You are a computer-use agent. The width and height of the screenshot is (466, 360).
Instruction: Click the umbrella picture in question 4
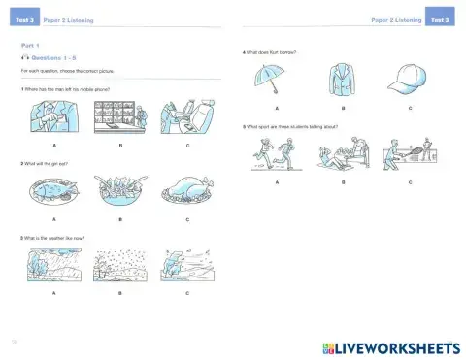click(277, 80)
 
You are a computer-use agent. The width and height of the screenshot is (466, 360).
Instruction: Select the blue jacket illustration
click(343, 80)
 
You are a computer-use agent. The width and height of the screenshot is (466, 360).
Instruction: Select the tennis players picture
click(409, 153)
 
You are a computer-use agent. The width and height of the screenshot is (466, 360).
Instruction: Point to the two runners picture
click(277, 153)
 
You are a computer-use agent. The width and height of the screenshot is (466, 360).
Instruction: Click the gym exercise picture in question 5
click(343, 153)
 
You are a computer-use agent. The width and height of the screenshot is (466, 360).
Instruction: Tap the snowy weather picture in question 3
click(118, 264)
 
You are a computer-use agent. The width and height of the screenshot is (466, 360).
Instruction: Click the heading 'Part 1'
click(31, 45)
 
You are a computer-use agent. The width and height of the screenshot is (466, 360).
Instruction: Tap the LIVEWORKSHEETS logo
click(388, 347)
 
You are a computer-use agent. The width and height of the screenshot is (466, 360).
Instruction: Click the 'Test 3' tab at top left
click(23, 19)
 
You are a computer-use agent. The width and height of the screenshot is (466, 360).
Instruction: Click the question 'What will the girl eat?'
click(46, 162)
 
